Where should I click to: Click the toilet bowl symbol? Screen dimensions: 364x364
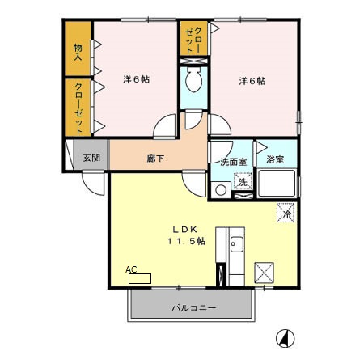pyautogui.click(x=193, y=79)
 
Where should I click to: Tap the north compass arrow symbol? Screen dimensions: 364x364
pyautogui.click(x=285, y=338)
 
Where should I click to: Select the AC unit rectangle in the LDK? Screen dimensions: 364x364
pyautogui.click(x=140, y=278)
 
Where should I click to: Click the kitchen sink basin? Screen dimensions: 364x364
pyautogui.click(x=237, y=244)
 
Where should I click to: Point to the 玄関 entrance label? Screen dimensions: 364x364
pyautogui.click(x=91, y=158)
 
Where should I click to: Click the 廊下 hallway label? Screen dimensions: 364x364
pyautogui.click(x=155, y=159)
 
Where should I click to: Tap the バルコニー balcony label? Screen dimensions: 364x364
pyautogui.click(x=194, y=307)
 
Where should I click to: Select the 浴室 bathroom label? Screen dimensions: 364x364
pyautogui.click(x=275, y=159)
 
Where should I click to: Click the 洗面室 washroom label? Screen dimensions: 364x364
pyautogui.click(x=234, y=162)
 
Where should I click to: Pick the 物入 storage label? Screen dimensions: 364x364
pyautogui.click(x=78, y=52)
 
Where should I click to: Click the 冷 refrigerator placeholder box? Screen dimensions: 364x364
pyautogui.click(x=286, y=213)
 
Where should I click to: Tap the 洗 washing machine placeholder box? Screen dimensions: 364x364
pyautogui.click(x=243, y=181)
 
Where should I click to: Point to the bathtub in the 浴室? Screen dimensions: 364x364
pyautogui.click(x=277, y=184)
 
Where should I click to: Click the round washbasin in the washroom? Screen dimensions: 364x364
pyautogui.click(x=221, y=190)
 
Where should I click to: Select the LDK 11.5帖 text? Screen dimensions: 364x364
pyautogui.click(x=186, y=235)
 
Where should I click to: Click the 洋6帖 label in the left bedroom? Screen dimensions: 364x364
pyautogui.click(x=137, y=79)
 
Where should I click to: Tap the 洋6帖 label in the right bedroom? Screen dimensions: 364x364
pyautogui.click(x=252, y=81)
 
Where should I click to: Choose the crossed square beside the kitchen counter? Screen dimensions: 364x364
pyautogui.click(x=265, y=273)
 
